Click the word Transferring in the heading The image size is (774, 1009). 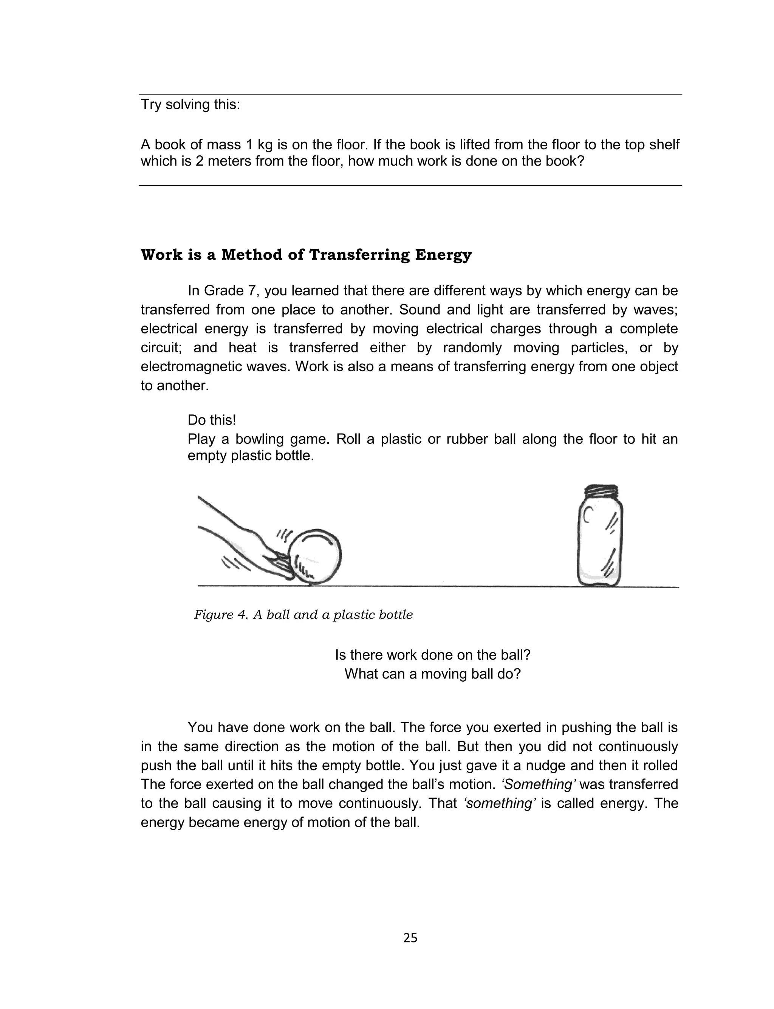[x=359, y=255]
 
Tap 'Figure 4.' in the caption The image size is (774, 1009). [x=221, y=615]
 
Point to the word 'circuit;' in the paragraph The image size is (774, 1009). [x=161, y=347]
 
